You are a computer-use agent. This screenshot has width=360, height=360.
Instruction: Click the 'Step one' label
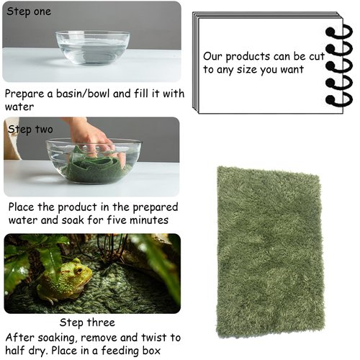coord(30,12)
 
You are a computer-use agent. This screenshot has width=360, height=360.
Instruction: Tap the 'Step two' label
coord(30,130)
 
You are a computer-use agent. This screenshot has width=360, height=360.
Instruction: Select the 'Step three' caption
coord(87,323)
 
